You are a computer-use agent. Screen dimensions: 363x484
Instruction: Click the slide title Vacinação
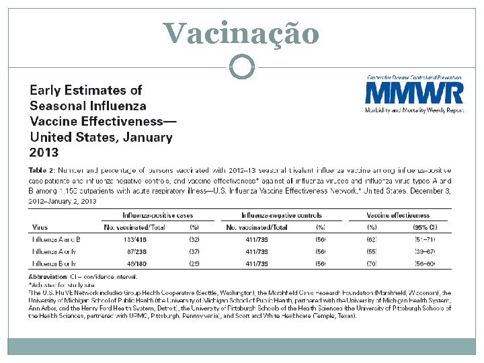[x=241, y=33]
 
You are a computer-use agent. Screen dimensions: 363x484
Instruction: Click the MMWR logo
[x=414, y=94]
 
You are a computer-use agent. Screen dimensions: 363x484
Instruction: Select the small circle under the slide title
[x=241, y=66]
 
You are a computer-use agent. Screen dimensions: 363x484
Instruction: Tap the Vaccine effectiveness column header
[x=399, y=216]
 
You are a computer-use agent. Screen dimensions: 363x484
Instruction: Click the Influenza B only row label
[x=54, y=264]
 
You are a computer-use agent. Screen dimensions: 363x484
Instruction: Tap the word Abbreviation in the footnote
[x=48, y=276]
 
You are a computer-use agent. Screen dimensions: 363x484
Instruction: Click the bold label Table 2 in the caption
[x=42, y=171]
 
